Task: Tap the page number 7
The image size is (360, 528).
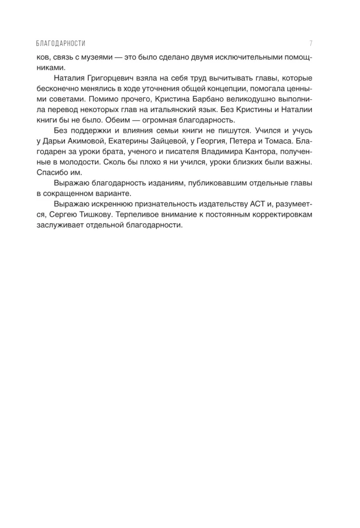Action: [311, 43]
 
